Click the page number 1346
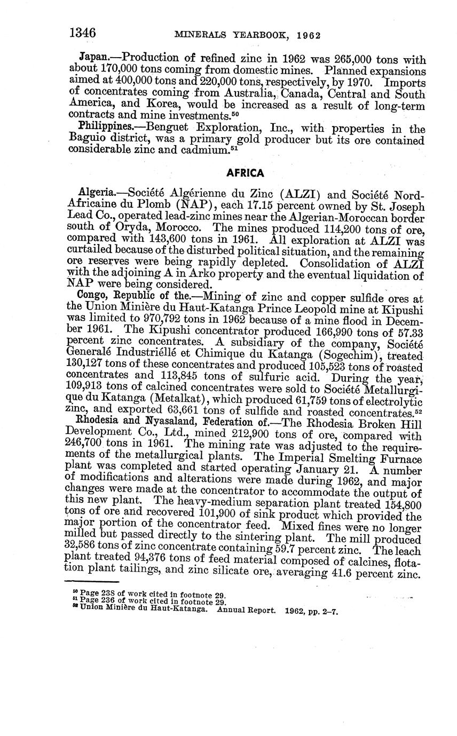83,33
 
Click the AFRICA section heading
245,173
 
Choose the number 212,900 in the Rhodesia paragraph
248,436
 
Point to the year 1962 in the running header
308,36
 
